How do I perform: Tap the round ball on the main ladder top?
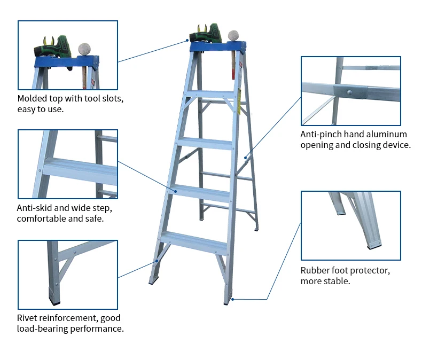(232, 35)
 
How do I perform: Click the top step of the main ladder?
(210, 94)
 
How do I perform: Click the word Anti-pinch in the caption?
(321, 134)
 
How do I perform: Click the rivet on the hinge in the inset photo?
(348, 92)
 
